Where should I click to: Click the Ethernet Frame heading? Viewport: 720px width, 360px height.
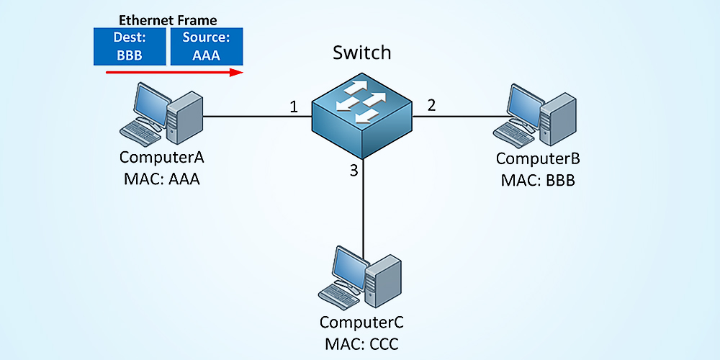pyautogui.click(x=168, y=21)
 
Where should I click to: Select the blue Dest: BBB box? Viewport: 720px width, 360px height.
pyautogui.click(x=130, y=46)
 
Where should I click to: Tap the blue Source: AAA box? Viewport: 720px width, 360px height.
pyautogui.click(x=206, y=46)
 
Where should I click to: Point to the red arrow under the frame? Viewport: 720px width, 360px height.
pyautogui.click(x=173, y=72)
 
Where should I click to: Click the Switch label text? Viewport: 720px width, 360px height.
pyautogui.click(x=361, y=53)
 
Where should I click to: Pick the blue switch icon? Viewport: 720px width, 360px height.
pyautogui.click(x=361, y=115)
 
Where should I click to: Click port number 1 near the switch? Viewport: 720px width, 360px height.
pyautogui.click(x=294, y=107)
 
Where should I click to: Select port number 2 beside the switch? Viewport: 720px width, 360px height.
pyautogui.click(x=431, y=105)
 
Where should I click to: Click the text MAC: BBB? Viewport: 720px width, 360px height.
pyautogui.click(x=538, y=179)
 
